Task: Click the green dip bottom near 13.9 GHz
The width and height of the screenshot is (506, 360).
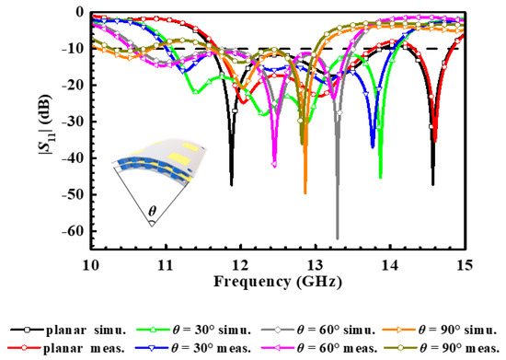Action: [380, 177]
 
